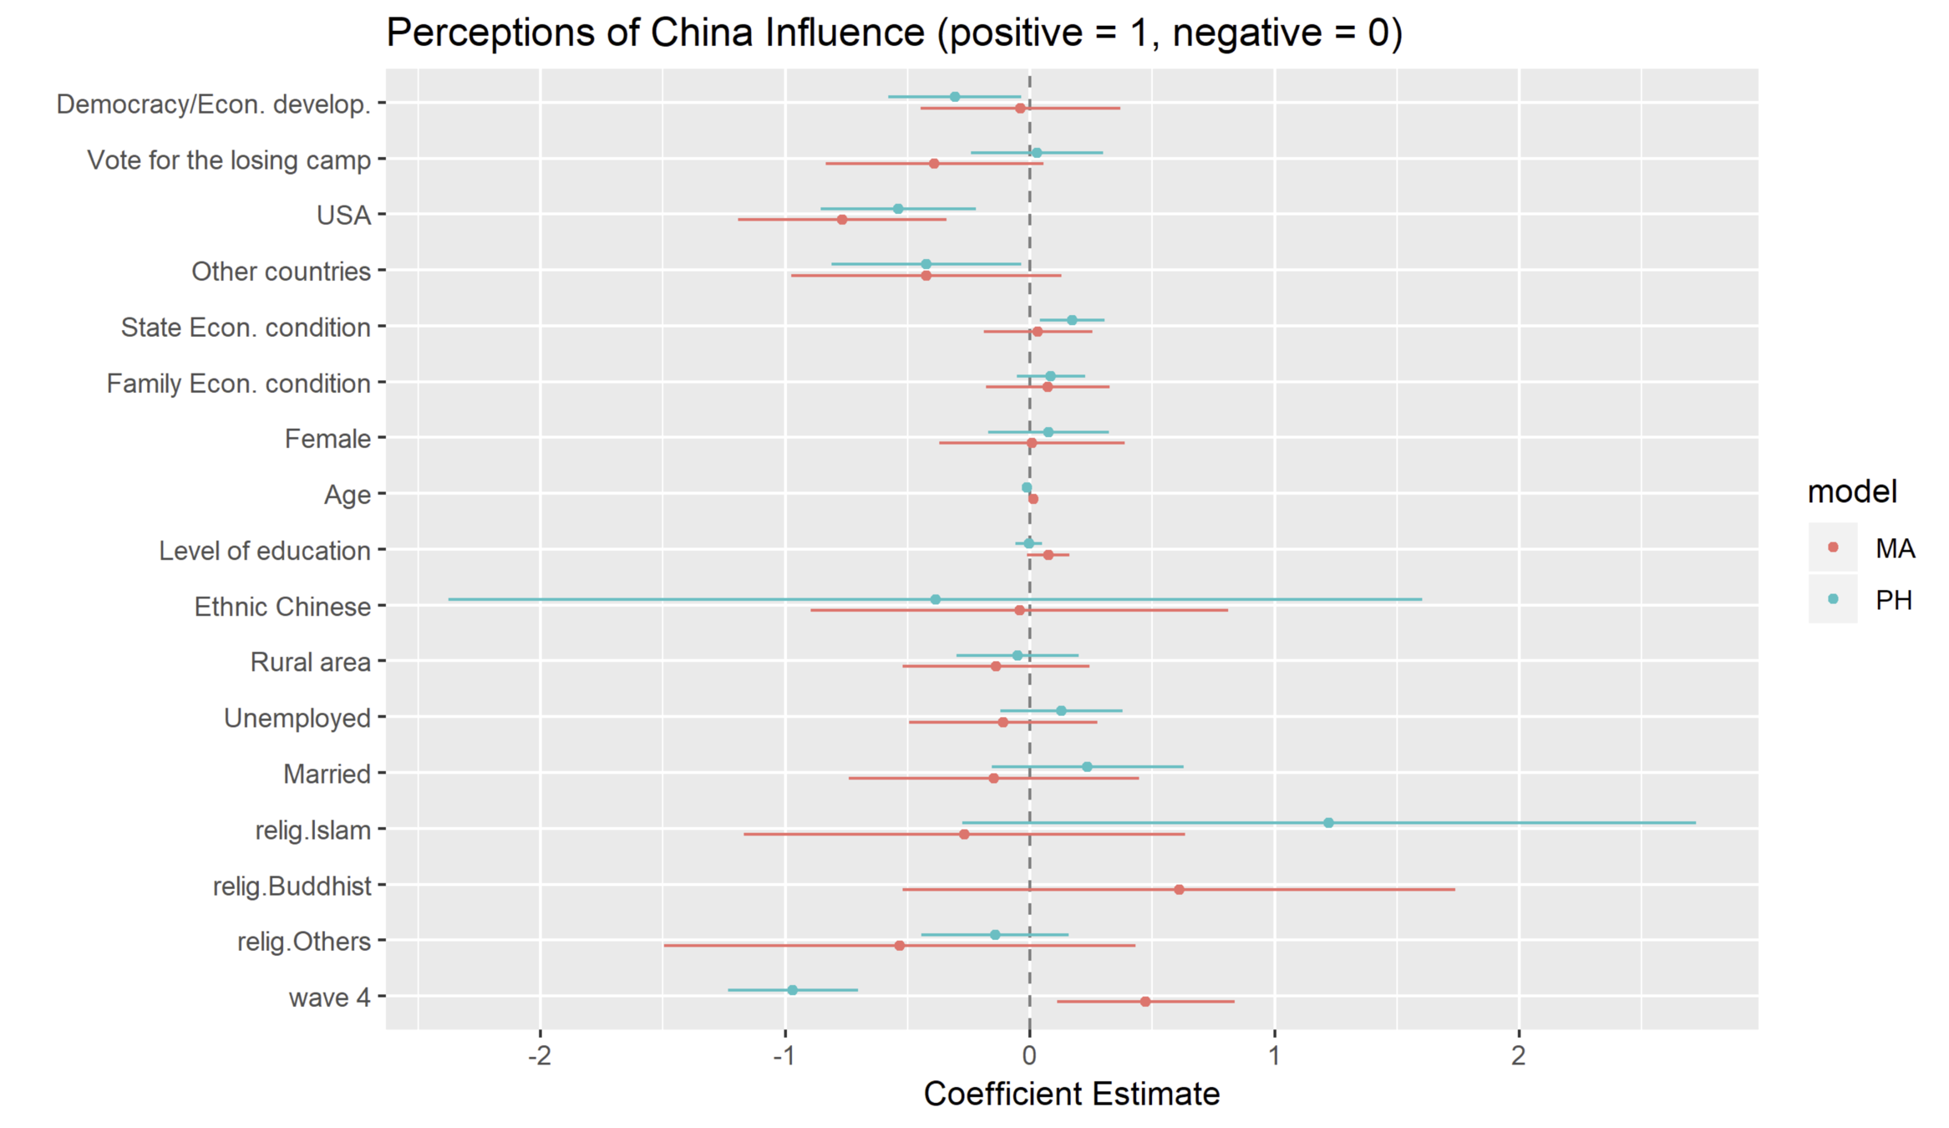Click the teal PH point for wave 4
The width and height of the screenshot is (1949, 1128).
(792, 990)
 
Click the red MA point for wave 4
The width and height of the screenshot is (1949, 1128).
(1145, 1001)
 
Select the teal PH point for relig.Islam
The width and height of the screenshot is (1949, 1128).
(1328, 823)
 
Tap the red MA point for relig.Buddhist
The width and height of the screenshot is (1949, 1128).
(1179, 889)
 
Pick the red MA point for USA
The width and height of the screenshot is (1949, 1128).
(841, 220)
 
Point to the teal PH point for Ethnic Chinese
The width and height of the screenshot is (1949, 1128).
(935, 599)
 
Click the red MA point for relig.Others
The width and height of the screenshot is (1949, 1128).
(899, 945)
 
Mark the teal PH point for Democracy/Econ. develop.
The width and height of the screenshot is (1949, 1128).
(955, 97)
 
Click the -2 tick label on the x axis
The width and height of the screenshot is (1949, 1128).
(540, 1056)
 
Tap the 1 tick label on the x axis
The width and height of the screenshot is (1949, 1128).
(1274, 1056)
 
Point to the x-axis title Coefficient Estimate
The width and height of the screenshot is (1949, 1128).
(1071, 1094)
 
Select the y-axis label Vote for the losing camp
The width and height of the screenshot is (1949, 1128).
(229, 160)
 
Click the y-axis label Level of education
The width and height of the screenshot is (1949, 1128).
(264, 551)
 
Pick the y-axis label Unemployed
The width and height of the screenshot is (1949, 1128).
(297, 718)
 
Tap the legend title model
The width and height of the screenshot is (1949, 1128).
(1851, 491)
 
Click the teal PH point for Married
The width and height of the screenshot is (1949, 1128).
(1086, 767)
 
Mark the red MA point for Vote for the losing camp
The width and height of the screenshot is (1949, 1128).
(933, 164)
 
